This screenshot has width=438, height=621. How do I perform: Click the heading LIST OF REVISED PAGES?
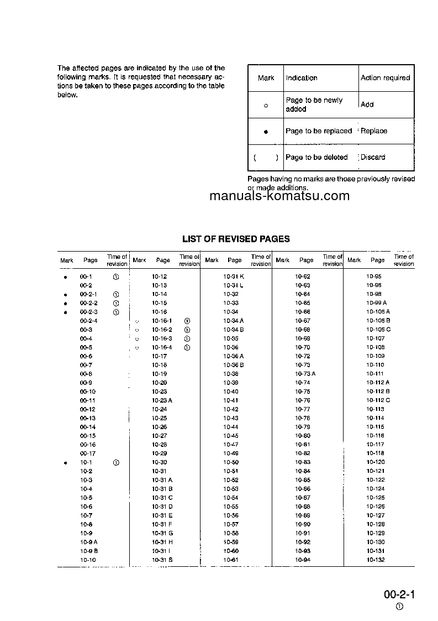(x=236, y=239)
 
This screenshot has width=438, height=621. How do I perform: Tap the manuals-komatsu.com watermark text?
(x=279, y=196)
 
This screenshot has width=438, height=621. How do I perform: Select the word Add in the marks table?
(x=367, y=105)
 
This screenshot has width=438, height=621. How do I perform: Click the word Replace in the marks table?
(x=374, y=131)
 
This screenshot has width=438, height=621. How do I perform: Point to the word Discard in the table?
(x=373, y=157)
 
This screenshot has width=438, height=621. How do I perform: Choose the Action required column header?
(x=385, y=78)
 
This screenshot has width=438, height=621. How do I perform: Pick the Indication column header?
(x=302, y=78)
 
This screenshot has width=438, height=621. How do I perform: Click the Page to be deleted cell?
(x=316, y=157)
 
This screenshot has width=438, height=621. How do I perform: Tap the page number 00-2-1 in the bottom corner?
(x=399, y=594)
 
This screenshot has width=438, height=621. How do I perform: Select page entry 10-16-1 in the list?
(x=162, y=321)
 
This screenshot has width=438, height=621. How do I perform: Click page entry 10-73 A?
(x=305, y=374)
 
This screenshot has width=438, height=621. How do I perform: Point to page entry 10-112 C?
(x=378, y=400)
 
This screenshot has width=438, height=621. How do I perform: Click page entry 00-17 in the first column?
(x=87, y=453)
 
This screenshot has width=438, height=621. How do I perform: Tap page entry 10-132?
(x=375, y=560)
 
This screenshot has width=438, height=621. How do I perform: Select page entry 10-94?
(x=303, y=560)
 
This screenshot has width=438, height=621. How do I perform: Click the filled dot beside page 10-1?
(x=65, y=462)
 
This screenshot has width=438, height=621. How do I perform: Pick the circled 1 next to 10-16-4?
(x=187, y=347)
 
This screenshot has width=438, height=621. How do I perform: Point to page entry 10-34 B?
(x=234, y=330)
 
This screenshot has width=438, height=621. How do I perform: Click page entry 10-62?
(x=303, y=276)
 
